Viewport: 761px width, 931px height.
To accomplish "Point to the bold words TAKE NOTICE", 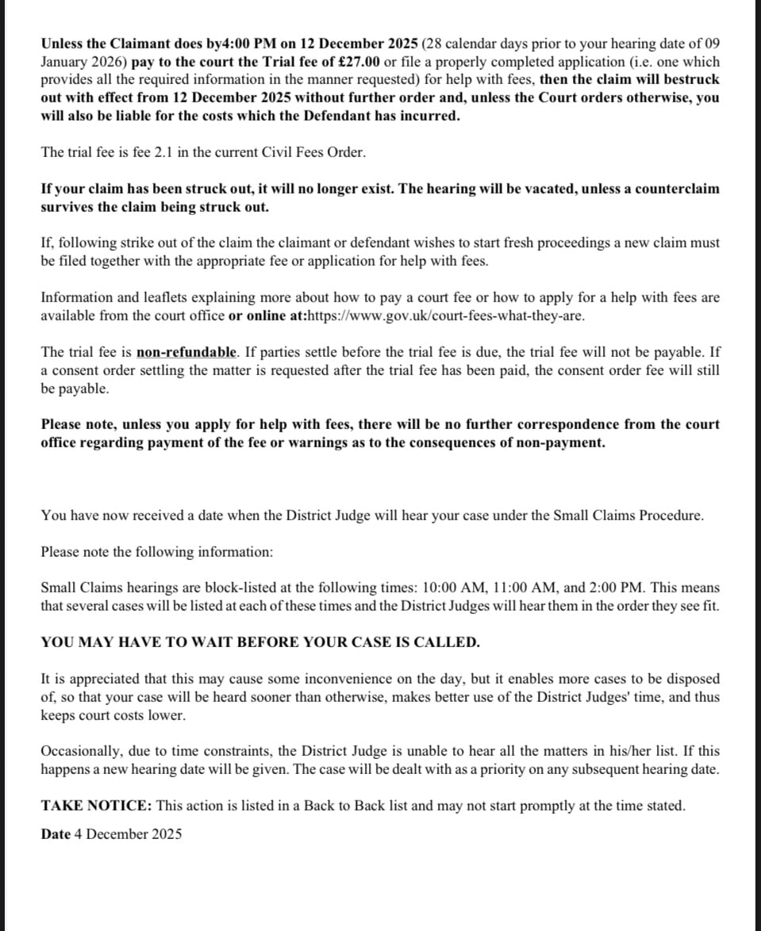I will click(96, 806).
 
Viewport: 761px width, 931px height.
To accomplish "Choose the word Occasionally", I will click(78, 750).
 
